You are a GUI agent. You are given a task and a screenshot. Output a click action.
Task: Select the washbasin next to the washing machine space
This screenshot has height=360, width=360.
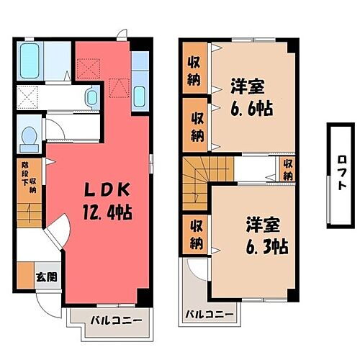point(93,96)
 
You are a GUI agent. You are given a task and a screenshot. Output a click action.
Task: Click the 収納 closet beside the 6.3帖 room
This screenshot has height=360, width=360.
point(195,235)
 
